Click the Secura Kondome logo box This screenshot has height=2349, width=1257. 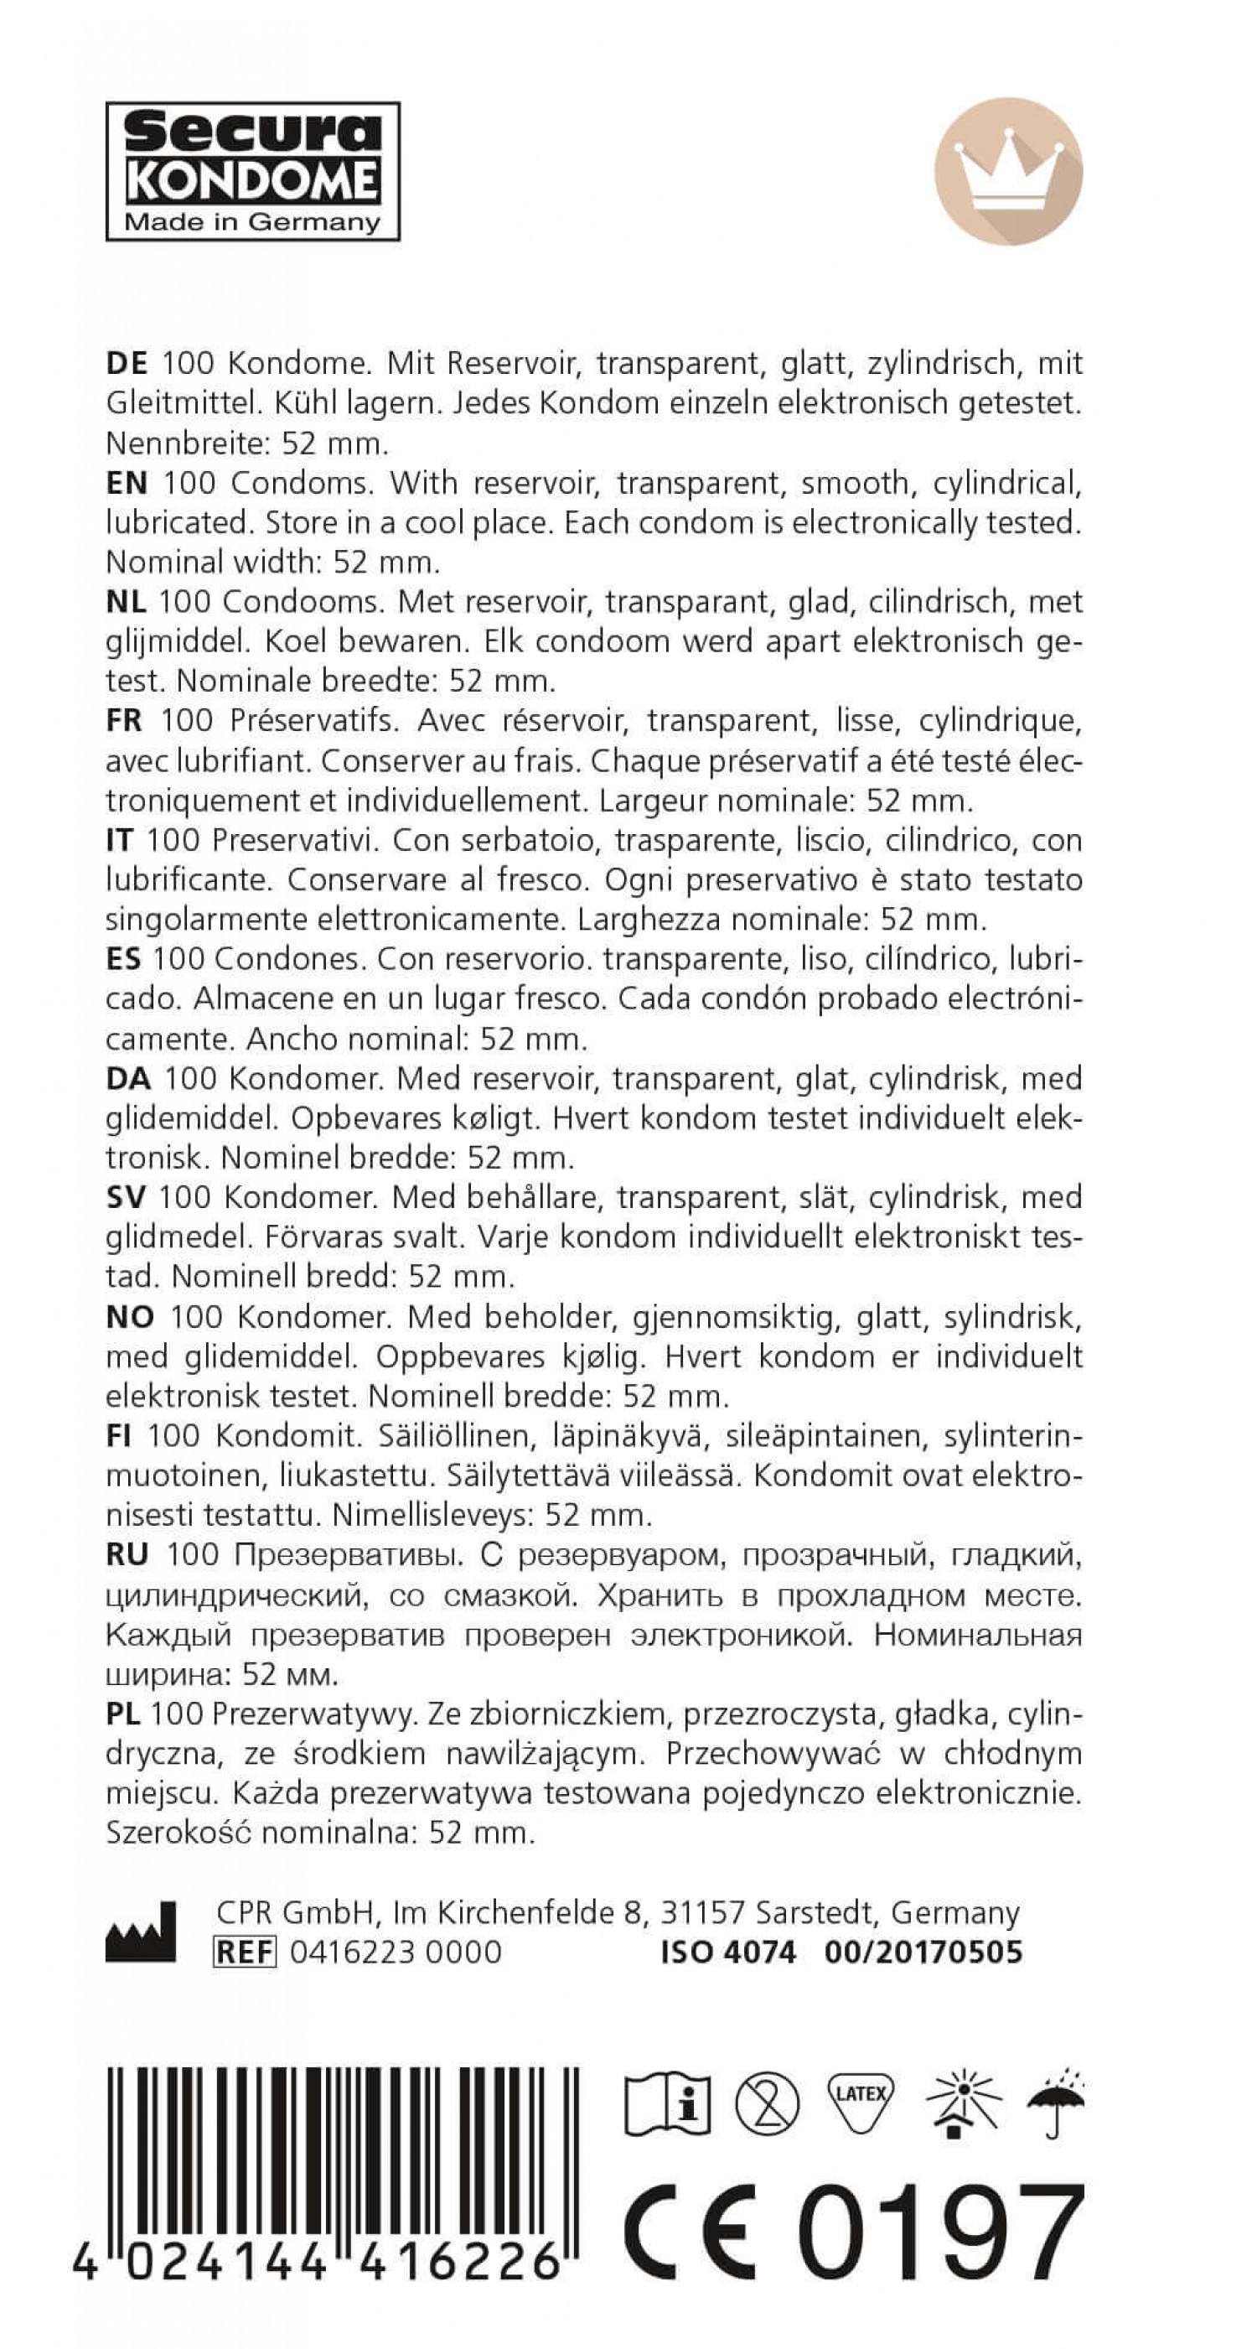(x=252, y=171)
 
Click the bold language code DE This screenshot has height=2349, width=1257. (x=127, y=363)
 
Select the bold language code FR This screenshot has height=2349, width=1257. (x=124, y=720)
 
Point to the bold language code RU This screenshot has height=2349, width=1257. (x=127, y=1555)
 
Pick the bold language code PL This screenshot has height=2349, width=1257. (x=122, y=1714)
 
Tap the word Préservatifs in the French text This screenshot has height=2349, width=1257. (x=313, y=720)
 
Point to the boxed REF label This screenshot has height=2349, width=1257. (x=245, y=1952)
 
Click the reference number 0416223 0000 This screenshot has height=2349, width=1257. (x=396, y=1952)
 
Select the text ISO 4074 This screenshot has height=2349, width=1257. (x=727, y=1952)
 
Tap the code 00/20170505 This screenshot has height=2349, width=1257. (x=923, y=1952)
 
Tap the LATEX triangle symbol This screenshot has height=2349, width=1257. (x=860, y=2098)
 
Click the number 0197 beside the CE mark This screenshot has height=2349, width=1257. (x=941, y=2232)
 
